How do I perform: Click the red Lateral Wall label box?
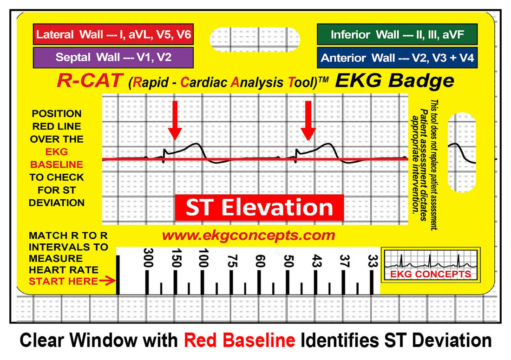[113, 34]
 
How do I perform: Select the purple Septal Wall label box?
[113, 58]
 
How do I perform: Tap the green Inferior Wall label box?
[397, 34]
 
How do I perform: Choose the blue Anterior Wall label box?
[397, 58]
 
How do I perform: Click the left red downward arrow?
[175, 120]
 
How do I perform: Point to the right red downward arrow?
[307, 120]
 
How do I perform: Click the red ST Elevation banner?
[259, 208]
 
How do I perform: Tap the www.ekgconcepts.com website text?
[248, 235]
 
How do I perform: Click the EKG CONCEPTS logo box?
[430, 264]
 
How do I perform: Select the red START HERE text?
[63, 281]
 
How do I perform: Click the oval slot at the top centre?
[255, 39]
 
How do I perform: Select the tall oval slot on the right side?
[461, 151]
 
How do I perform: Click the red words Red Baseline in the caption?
[239, 340]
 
